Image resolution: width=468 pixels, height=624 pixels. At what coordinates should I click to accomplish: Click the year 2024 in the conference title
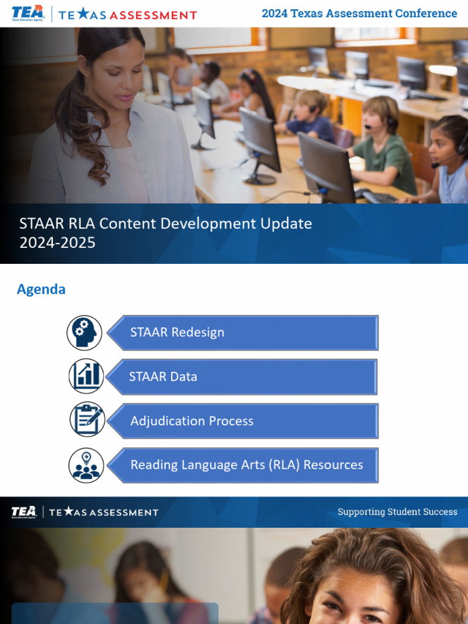pos(275,13)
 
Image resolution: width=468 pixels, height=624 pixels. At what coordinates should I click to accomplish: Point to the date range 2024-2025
pos(57,243)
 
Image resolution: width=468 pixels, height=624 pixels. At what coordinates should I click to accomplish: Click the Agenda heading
pos(41,289)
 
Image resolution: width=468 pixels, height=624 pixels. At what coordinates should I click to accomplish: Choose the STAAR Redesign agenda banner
pos(244,333)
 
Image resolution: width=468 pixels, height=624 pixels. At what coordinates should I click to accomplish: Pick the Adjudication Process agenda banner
pos(244,420)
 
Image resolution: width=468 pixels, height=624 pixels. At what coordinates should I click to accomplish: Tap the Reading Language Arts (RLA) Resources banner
pos(244,465)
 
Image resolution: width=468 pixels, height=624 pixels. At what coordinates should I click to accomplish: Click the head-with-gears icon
pos(85,333)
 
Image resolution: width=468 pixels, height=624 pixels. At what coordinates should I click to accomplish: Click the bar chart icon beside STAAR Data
pos(86,377)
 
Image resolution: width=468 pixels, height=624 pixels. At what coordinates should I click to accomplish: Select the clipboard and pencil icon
pos(87,420)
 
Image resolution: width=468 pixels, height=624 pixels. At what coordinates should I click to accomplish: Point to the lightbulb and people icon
pos(86,465)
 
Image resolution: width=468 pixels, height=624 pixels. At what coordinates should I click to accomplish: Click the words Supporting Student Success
pos(397,512)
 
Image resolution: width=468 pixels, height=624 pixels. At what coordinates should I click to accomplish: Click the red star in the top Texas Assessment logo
pos(82,14)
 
